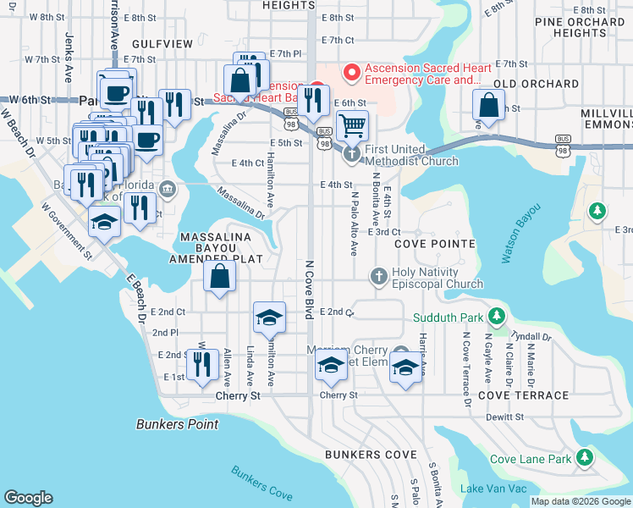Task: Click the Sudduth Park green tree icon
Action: (x=498, y=317)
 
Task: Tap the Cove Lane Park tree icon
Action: (x=584, y=459)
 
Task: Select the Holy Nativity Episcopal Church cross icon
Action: (x=378, y=276)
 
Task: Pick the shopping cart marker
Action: (x=352, y=125)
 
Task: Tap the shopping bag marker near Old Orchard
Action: (x=488, y=105)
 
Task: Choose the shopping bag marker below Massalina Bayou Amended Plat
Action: (x=219, y=275)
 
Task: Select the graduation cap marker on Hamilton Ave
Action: (x=269, y=317)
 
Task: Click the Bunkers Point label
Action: (x=177, y=424)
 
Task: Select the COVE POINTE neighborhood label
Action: (x=434, y=244)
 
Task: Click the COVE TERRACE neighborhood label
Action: (x=523, y=395)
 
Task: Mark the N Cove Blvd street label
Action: (x=310, y=290)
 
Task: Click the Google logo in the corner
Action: (x=28, y=498)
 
